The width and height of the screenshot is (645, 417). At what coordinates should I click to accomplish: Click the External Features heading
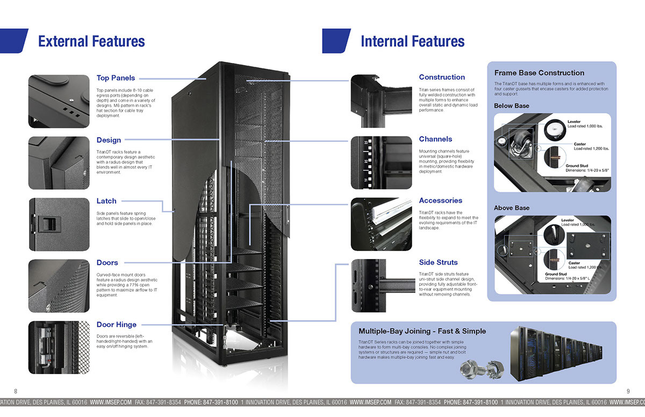[91, 41]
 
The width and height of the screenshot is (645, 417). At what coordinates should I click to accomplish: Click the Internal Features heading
[412, 41]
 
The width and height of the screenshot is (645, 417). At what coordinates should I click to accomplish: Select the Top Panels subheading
[116, 78]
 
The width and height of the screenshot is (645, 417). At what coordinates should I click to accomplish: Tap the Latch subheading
[106, 201]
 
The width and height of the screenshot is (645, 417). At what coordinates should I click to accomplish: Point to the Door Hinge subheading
[117, 325]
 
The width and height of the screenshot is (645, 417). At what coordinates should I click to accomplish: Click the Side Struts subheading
[439, 262]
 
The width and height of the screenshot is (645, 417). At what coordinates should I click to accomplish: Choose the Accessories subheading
[441, 200]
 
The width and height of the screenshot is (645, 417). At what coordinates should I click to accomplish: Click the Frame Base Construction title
[539, 73]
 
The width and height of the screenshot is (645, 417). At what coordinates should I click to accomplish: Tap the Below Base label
[512, 106]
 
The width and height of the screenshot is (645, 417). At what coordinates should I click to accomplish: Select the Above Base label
[512, 208]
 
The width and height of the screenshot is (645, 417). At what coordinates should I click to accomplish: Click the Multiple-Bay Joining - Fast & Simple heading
[422, 331]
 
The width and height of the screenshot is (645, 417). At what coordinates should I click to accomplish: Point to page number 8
[16, 391]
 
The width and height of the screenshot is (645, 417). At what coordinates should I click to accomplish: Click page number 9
[628, 391]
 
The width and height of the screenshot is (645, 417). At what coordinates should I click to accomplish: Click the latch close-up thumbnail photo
[59, 224]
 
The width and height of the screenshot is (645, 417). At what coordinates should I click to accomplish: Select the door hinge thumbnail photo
[59, 347]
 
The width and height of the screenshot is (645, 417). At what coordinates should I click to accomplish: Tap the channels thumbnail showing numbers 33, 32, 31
[381, 162]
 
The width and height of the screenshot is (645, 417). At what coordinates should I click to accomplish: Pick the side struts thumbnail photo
[381, 285]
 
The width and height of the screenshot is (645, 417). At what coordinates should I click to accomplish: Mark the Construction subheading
[442, 77]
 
